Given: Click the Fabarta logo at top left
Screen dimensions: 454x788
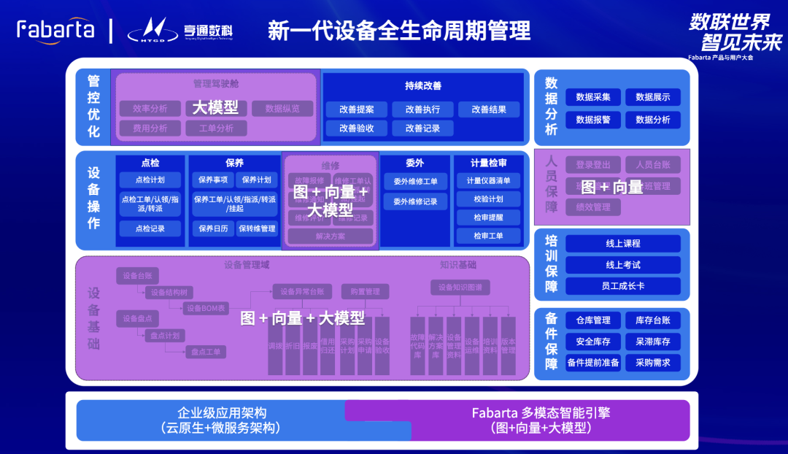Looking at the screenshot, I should (x=55, y=29).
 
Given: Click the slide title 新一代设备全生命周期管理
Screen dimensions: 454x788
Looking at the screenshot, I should (x=399, y=31).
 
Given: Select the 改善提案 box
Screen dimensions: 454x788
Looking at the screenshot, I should (x=356, y=109).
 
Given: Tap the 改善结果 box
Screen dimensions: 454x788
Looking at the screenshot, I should (x=488, y=109).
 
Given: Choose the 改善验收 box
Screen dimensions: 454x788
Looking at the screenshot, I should (x=356, y=128).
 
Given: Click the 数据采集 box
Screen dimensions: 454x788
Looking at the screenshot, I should (x=592, y=97).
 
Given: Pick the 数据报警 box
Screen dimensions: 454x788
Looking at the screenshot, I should (x=592, y=120).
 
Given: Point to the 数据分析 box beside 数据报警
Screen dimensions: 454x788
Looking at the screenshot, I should (x=652, y=120).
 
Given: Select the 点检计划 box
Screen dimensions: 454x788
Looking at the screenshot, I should (x=150, y=180).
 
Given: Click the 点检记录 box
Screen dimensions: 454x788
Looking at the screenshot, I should (x=150, y=228).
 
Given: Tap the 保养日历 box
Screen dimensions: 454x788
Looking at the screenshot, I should (x=212, y=228).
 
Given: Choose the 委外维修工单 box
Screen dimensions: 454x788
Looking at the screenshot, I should (x=415, y=181).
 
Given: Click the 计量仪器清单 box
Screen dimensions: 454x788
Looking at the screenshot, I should (x=488, y=180).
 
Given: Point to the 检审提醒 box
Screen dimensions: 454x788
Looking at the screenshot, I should (x=488, y=218).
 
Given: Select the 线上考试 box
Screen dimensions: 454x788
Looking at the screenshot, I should (x=622, y=265).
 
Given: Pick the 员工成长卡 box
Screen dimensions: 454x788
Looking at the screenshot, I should (x=622, y=286).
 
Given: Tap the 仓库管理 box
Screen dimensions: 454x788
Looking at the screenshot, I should (x=592, y=320).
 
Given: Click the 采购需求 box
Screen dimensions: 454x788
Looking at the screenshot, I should (x=652, y=363).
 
